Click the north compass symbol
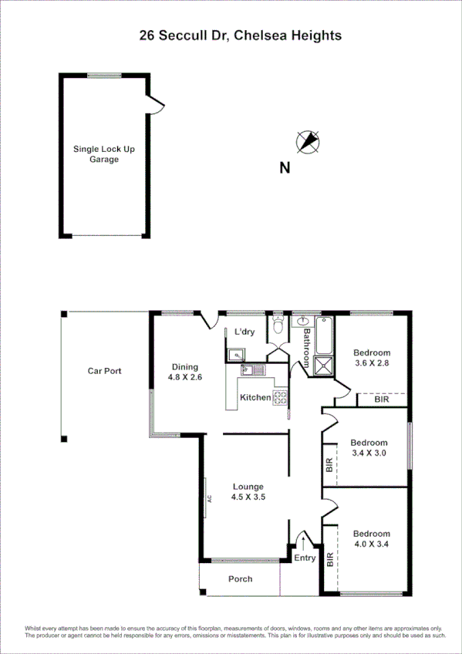click(x=309, y=141)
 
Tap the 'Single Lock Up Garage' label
click(x=103, y=154)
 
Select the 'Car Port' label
click(x=104, y=371)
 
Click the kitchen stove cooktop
click(x=281, y=398)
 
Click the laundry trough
click(x=235, y=356)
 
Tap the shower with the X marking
click(x=323, y=367)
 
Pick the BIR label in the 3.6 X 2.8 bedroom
click(x=381, y=400)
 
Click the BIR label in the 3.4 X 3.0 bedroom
click(x=329, y=465)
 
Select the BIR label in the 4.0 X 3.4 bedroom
click(x=330, y=559)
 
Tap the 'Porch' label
click(x=240, y=578)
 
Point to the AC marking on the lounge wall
click(x=209, y=497)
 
